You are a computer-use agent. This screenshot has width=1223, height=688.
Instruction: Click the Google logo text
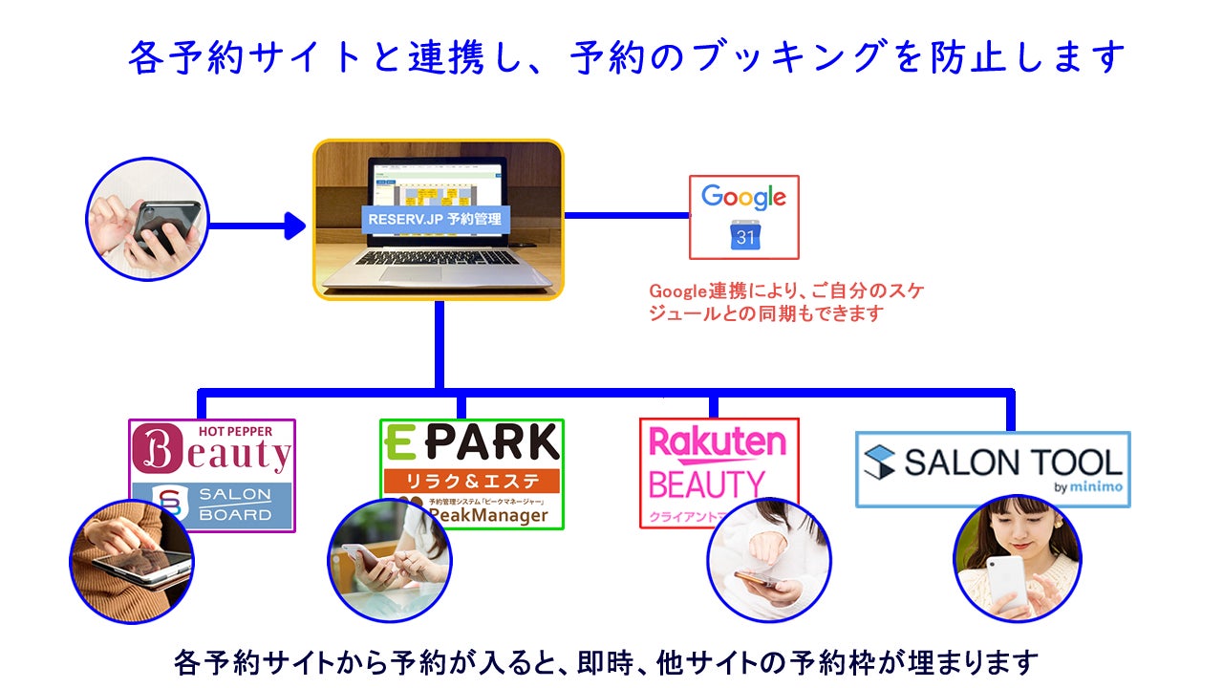click(743, 198)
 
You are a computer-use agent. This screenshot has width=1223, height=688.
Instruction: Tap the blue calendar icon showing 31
click(744, 234)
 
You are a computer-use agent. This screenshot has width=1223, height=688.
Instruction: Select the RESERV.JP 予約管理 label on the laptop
click(439, 219)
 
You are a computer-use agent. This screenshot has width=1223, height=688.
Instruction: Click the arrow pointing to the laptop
click(256, 226)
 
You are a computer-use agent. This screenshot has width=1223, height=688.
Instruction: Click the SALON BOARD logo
click(212, 505)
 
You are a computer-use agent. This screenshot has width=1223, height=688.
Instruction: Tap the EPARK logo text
click(471, 442)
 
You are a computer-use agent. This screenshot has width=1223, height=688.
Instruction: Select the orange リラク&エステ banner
click(471, 481)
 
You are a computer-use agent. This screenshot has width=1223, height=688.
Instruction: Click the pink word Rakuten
click(718, 442)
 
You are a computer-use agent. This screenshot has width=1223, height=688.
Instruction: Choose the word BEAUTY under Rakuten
click(706, 484)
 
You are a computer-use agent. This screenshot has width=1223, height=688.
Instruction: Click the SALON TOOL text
click(992, 462)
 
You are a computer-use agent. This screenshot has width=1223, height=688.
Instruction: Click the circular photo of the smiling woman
click(1017, 558)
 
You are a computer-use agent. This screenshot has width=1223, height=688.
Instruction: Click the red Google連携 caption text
click(786, 301)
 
